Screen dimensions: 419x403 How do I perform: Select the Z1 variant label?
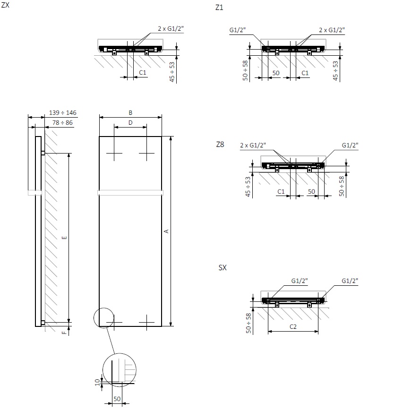[219, 8]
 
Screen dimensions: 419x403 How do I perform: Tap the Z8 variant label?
[219, 145]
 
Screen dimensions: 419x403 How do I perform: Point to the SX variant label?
[222, 268]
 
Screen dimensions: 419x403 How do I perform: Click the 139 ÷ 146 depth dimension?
[63, 113]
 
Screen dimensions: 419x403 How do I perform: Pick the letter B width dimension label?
[130, 113]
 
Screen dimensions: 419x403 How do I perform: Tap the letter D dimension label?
[130, 123]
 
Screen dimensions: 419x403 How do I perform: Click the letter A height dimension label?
[166, 231]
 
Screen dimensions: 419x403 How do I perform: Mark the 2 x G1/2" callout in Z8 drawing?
[253, 145]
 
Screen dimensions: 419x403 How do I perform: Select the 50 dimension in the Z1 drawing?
[276, 73]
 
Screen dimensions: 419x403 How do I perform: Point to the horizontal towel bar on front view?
[130, 193]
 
